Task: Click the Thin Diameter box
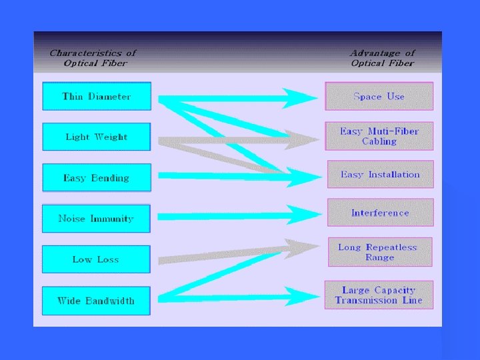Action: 97,97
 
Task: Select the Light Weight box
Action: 97,137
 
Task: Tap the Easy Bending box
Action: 97,178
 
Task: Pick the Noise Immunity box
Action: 96,219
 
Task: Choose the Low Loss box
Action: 96,259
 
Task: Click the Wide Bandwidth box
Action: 96,301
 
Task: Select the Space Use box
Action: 379,97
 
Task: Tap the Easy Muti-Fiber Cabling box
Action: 379,136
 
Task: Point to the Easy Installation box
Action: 380,175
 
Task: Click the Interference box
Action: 380,213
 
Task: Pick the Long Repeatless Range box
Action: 380,252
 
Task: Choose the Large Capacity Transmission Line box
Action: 379,295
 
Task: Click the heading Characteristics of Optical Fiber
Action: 93,58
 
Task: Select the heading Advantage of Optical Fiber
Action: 382,58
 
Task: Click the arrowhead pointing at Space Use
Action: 300,98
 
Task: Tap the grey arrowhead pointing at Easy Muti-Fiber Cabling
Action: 303,139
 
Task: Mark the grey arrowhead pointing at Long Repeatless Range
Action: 304,249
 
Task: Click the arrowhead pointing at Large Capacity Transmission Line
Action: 303,295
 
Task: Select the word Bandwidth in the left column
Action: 109,301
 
